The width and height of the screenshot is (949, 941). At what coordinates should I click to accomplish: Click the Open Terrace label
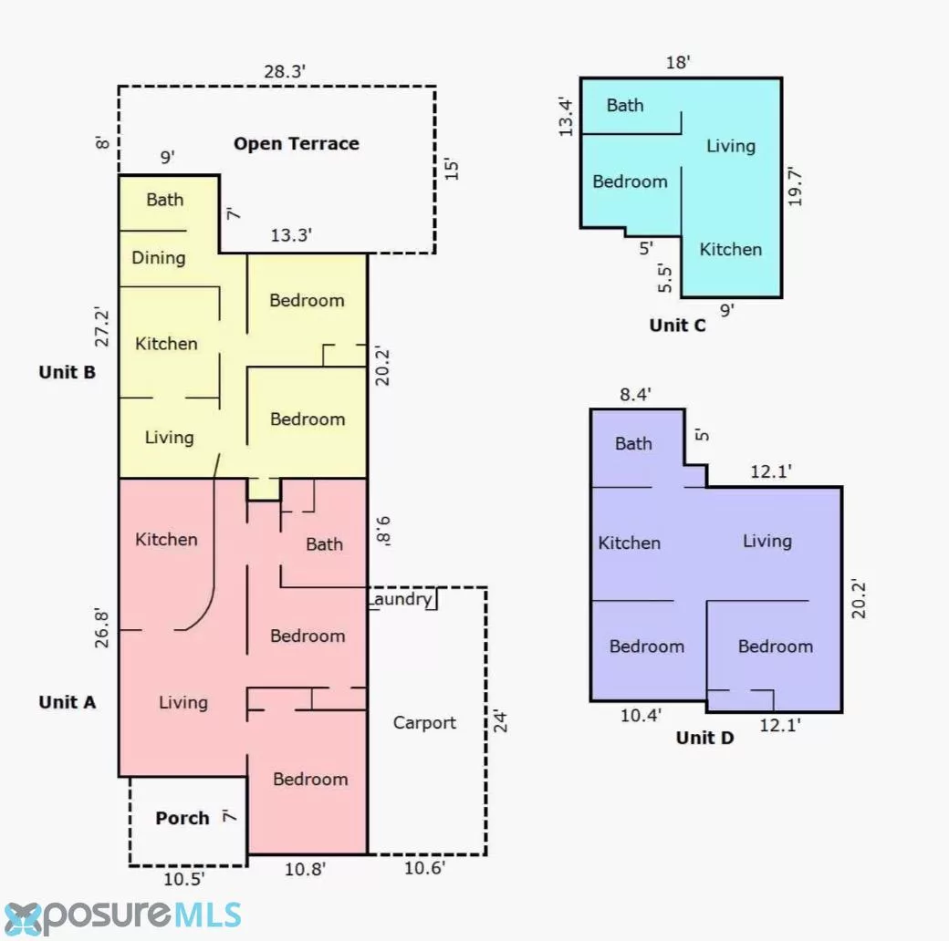(297, 144)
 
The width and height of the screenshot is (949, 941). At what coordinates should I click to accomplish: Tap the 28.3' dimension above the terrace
(285, 71)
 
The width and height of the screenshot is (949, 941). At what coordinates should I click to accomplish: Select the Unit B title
(68, 372)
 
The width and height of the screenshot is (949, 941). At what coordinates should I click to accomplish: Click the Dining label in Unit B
(159, 258)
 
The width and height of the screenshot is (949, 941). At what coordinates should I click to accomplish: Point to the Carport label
(424, 723)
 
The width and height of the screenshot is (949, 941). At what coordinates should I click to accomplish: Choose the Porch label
(182, 818)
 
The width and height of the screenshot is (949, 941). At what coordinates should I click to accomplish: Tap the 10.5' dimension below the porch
(184, 879)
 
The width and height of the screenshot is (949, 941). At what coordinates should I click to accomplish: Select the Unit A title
(68, 702)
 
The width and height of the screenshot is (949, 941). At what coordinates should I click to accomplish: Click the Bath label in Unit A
(325, 544)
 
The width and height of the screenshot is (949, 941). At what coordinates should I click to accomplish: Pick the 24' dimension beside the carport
(500, 721)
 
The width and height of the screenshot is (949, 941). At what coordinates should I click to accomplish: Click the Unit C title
(677, 326)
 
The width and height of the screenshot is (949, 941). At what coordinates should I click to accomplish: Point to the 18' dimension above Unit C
(678, 62)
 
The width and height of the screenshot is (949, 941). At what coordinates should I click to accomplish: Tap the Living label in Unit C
(731, 147)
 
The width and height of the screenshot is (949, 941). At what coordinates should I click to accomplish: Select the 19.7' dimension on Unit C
(795, 187)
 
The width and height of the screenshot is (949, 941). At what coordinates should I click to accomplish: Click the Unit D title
(704, 738)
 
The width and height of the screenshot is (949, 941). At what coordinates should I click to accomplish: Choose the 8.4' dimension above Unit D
(635, 395)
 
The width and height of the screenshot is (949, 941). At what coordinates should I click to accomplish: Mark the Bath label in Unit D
(633, 444)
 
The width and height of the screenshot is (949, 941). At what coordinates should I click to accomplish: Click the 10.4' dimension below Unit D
(641, 716)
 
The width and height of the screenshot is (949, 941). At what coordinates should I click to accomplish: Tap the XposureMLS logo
(121, 916)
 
